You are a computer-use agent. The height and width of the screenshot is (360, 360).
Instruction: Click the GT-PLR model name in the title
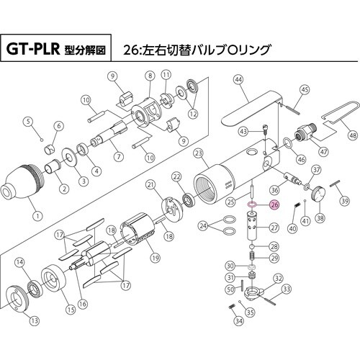click(37, 52)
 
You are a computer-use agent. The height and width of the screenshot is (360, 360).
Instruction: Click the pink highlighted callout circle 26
click(273, 204)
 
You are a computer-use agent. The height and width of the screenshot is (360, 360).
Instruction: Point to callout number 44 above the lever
click(238, 81)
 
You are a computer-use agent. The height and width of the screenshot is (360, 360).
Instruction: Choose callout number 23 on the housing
click(199, 153)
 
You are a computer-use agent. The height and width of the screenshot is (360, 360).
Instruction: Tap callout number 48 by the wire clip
click(352, 134)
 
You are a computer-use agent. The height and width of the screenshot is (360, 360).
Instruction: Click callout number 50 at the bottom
click(230, 289)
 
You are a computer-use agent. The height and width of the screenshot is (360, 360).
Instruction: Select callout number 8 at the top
click(150, 76)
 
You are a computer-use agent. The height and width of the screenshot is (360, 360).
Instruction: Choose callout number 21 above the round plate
click(150, 185)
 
